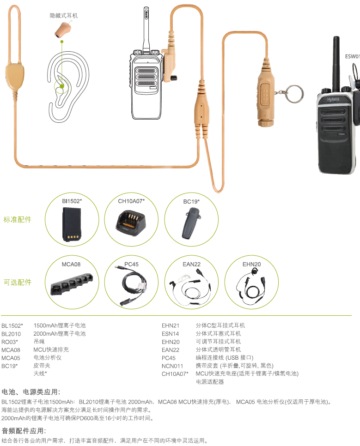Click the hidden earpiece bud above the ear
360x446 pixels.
pyautogui.click(x=62, y=30)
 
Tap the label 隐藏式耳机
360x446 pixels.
pyautogui.click(x=64, y=16)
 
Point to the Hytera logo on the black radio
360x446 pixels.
pyautogui.click(x=333, y=99)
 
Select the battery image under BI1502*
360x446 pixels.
pyautogui.click(x=71, y=224)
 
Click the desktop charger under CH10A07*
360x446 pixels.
pyautogui.click(x=131, y=223)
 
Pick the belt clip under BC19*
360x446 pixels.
pyautogui.click(x=190, y=223)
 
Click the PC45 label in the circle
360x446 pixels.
pyautogui.click(x=131, y=264)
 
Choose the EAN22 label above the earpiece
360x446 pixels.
pyautogui.click(x=191, y=264)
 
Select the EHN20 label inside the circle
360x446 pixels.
pyautogui.click(x=251, y=264)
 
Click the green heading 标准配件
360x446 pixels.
pyautogui.click(x=18, y=219)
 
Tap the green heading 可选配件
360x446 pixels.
pyautogui.click(x=18, y=282)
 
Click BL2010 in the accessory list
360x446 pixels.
pyautogui.click(x=11, y=334)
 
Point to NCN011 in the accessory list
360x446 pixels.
pyautogui.click(x=172, y=366)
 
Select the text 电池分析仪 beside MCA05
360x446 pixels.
pyautogui.click(x=48, y=357)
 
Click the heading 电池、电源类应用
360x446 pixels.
pyautogui.click(x=31, y=392)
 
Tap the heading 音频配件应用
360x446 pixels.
pyautogui.click(x=24, y=431)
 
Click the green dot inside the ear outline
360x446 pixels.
pyautogui.click(x=62, y=86)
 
